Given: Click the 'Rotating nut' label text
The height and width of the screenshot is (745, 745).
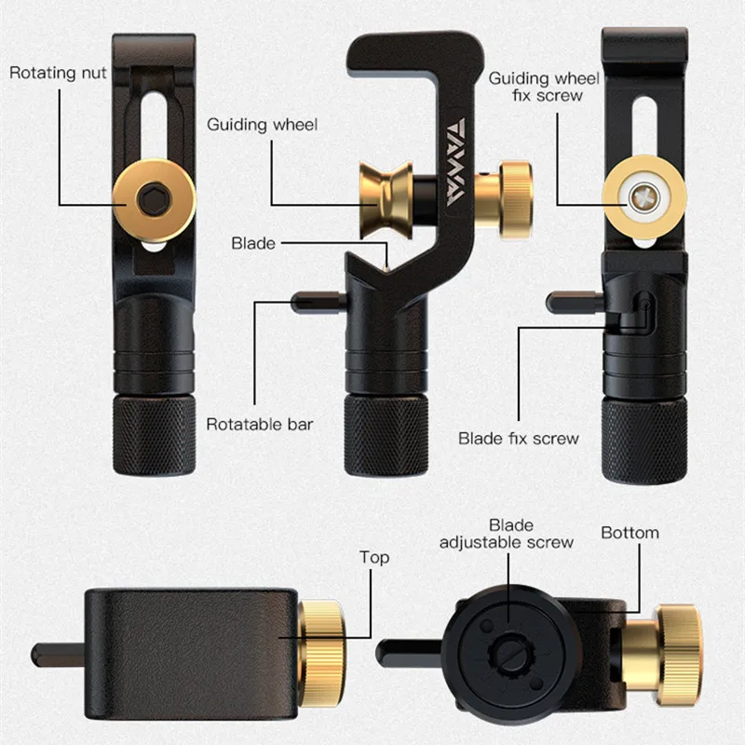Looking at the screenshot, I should (58, 72).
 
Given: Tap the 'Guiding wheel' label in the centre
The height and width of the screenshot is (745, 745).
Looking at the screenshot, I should (262, 124).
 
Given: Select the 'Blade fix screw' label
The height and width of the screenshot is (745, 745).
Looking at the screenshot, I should (519, 438).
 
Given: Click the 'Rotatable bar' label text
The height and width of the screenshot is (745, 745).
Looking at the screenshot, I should (259, 425).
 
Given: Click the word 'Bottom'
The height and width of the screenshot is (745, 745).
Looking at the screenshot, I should (630, 533).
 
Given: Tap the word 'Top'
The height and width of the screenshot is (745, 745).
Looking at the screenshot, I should (374, 557).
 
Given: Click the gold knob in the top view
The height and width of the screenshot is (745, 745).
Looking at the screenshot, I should (322, 640).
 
